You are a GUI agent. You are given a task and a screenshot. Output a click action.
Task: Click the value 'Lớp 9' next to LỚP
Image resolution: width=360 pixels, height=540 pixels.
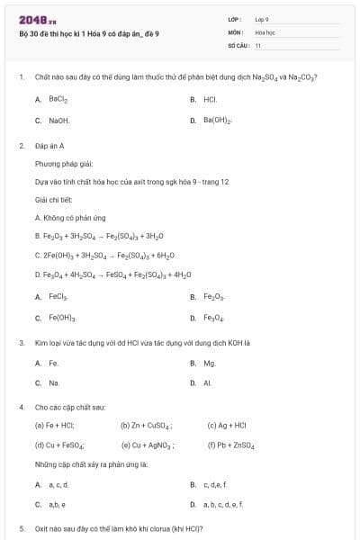coord(262,19)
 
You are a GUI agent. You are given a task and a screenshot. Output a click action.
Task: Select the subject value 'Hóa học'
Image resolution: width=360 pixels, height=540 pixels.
coord(265,31)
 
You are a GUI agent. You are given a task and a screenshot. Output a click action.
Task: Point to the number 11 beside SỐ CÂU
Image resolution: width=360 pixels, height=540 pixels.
coord(258,44)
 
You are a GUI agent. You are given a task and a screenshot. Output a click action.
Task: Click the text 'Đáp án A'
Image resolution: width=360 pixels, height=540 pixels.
coord(49,145)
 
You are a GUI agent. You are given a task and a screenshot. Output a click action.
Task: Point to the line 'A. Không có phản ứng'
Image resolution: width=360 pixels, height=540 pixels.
coord(72,217)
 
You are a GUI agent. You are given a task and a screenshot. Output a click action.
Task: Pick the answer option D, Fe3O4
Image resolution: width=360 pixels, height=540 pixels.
coord(213,317)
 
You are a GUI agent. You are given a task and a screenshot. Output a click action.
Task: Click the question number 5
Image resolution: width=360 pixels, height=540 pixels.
coord(21,528)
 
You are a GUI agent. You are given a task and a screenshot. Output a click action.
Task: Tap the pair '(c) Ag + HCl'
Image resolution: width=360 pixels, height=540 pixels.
coord(227,425)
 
